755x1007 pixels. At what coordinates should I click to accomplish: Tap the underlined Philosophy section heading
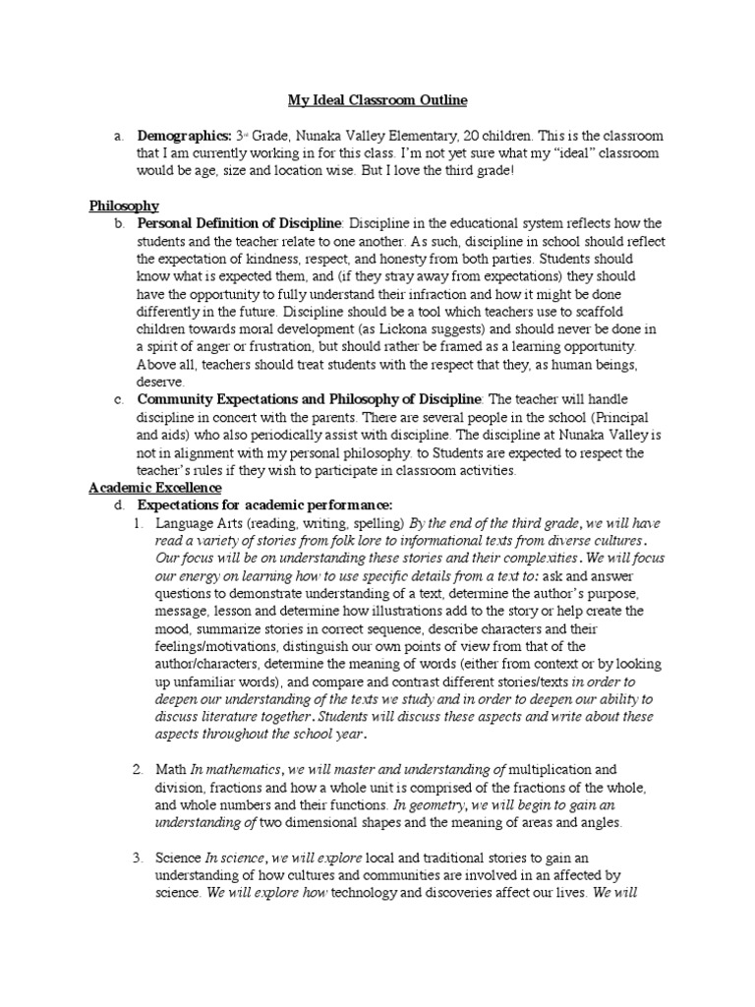click(x=124, y=206)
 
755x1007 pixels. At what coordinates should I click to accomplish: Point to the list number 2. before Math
click(x=139, y=768)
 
